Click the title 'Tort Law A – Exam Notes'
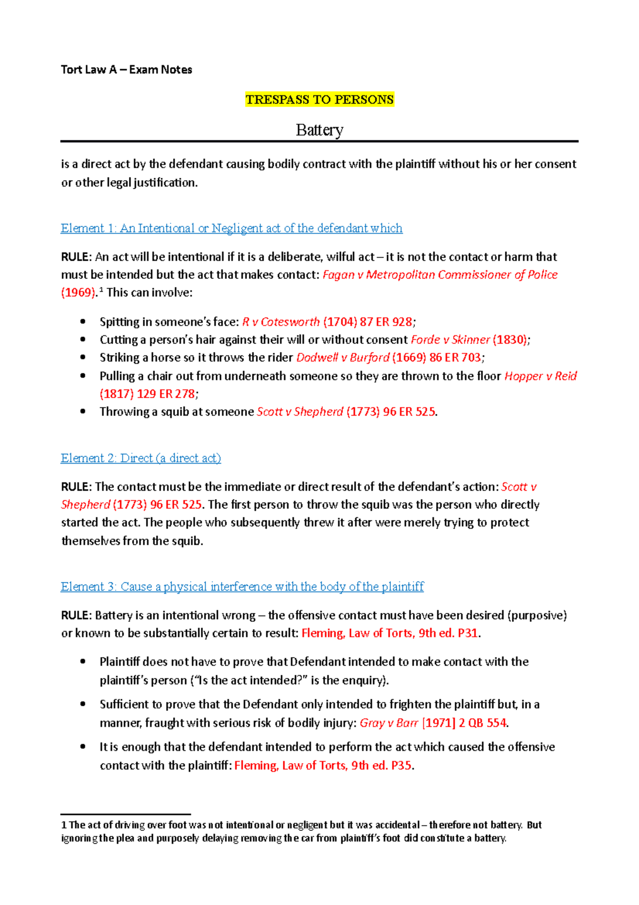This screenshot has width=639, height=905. pos(126,70)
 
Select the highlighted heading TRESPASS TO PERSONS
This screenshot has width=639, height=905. pos(319,100)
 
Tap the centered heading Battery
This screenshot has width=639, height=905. pos(319,130)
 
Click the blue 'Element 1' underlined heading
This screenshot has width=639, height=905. pos(232,228)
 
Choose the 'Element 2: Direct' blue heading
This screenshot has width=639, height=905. pos(141,458)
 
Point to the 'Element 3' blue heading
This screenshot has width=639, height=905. pos(242,586)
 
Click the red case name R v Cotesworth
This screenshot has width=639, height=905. pos(281,322)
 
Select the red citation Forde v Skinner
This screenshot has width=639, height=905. pos(450,340)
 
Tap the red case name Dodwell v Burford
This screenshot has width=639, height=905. pos(342,358)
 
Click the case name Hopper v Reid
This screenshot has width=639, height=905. pos(540,376)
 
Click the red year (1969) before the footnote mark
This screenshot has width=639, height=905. pos(78,293)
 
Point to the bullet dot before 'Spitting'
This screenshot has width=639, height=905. pos(83,321)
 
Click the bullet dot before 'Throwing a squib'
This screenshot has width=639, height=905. pos(83,411)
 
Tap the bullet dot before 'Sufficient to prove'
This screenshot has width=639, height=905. pos(83,704)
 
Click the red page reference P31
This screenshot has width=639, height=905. pos(468,633)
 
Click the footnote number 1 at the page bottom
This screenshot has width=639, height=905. pos(64,825)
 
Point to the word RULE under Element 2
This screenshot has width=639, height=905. pos(76,487)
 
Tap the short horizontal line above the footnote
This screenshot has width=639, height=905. pos(126,814)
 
